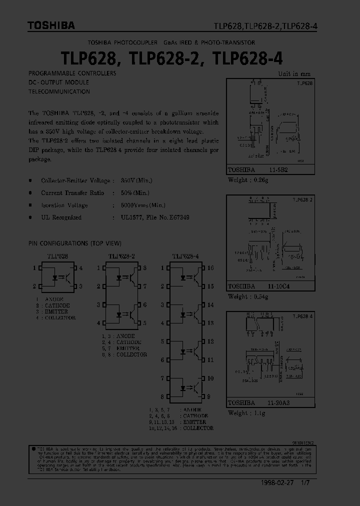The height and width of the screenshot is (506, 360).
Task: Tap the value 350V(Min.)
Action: [x=136, y=180]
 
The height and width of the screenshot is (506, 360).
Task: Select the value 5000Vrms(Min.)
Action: [x=143, y=205]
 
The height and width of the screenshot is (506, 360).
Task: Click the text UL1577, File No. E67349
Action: [x=155, y=217]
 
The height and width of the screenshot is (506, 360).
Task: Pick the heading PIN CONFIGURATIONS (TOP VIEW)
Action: [x=75, y=243]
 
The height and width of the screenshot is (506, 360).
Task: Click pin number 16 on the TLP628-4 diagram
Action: [x=210, y=268]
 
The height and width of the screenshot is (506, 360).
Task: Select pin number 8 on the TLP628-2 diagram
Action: [x=144, y=268]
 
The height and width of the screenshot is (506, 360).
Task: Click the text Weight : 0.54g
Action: [x=248, y=296]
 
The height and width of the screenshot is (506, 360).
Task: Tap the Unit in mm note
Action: [x=294, y=73]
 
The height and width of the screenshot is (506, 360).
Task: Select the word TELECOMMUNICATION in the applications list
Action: [x=59, y=91]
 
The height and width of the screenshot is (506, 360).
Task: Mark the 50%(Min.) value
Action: [x=135, y=192]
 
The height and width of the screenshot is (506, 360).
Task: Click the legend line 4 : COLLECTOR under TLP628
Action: [x=55, y=318]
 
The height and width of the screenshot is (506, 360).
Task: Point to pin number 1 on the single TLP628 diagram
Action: [x=34, y=268]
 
